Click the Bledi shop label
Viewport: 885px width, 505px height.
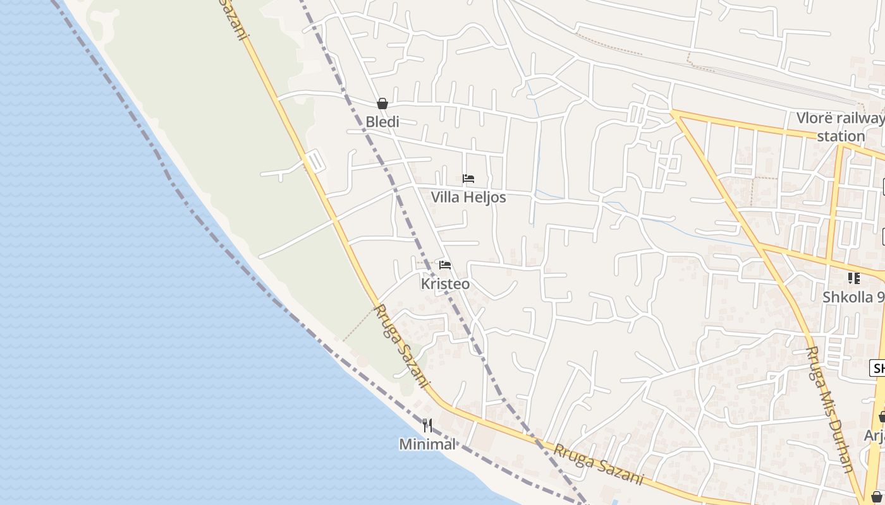[x=382, y=122]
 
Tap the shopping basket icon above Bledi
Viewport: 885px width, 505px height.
[x=382, y=104]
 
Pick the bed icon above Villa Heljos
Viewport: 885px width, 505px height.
[x=468, y=179]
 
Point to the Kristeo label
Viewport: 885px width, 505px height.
[x=445, y=284]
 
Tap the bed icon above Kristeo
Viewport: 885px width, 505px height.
[x=445, y=265]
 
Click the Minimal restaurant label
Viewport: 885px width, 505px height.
[x=427, y=444]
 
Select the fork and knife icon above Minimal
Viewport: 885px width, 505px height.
[x=427, y=425]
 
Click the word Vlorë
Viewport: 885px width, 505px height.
[x=814, y=118]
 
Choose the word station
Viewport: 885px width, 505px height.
[x=841, y=136]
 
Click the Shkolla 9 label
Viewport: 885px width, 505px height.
[x=853, y=297]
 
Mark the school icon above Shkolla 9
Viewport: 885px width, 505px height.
[x=854, y=278]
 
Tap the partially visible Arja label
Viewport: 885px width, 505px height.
[x=874, y=436]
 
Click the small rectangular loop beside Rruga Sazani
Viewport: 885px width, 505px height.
[x=314, y=161]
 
